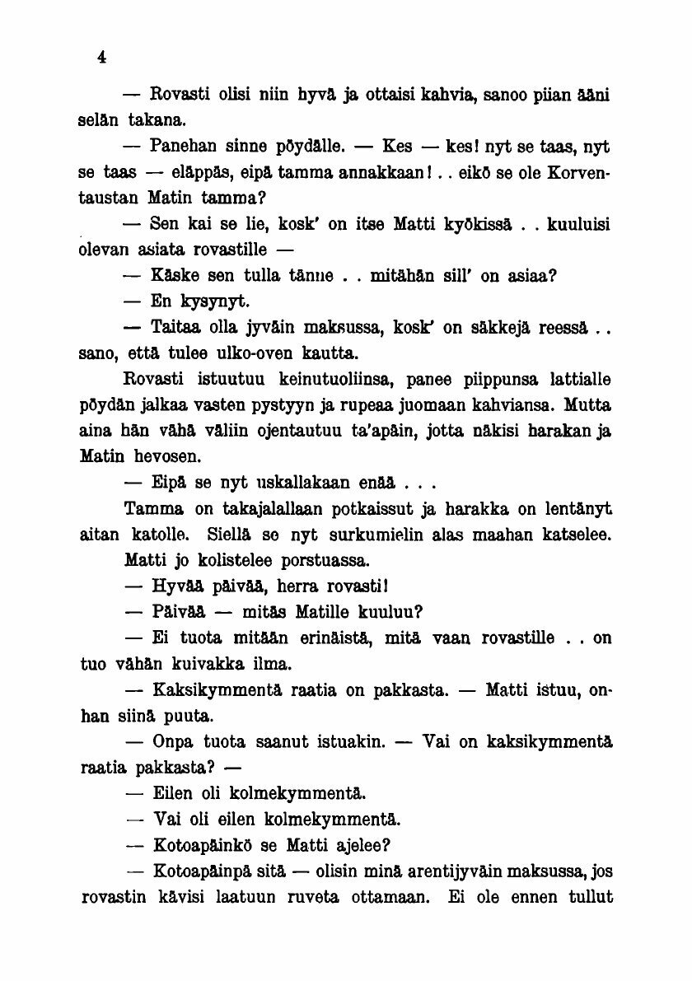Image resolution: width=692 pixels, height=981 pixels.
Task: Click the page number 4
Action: point(101,57)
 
